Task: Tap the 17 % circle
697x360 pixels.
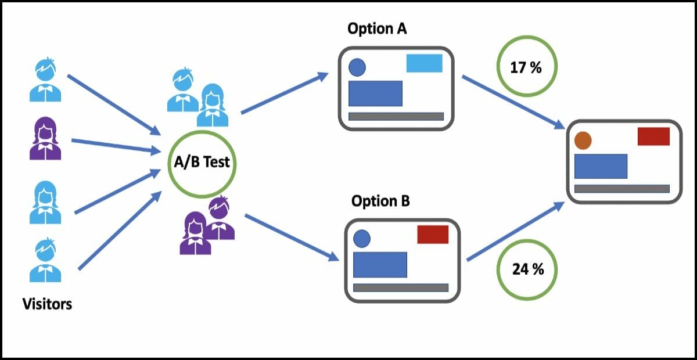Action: [526, 67]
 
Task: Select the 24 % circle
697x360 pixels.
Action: [527, 269]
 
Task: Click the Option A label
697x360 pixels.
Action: [377, 28]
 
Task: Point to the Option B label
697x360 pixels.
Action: [380, 201]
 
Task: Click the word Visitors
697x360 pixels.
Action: [47, 303]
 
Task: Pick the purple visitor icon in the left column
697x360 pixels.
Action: [45, 139]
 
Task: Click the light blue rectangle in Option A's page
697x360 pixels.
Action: [424, 63]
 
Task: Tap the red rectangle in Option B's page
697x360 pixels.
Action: [433, 235]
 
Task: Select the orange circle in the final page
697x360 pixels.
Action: [583, 141]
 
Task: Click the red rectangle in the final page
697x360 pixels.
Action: [653, 136]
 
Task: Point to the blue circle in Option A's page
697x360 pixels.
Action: [357, 68]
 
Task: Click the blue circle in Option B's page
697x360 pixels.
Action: [362, 238]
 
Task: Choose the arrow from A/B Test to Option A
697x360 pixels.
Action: [285, 93]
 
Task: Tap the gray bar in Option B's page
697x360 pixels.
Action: [401, 287]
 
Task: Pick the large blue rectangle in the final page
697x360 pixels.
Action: [601, 166]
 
